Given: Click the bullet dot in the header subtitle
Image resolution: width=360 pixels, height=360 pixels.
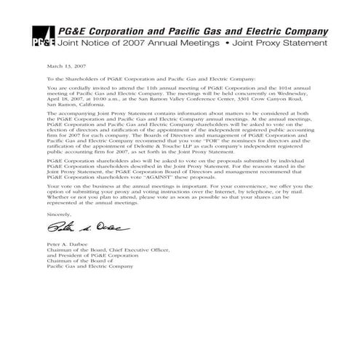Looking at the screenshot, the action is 225,44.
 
